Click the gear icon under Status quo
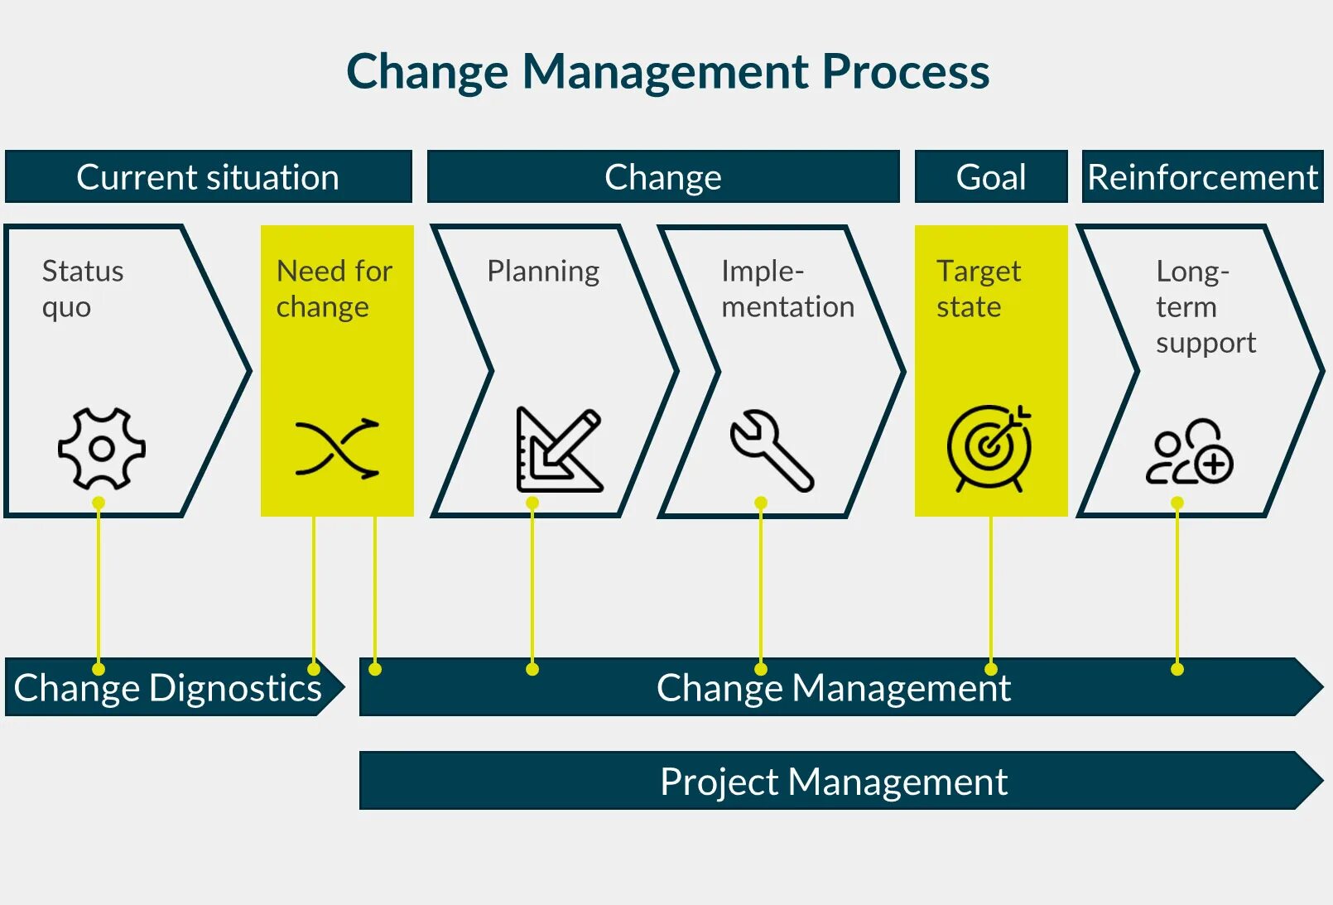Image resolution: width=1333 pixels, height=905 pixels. click(102, 448)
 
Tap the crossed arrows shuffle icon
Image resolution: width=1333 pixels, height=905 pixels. click(337, 448)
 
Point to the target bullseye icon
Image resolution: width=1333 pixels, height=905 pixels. click(990, 448)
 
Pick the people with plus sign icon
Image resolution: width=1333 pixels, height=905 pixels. click(1189, 451)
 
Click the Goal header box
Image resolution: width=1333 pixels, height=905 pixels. click(990, 176)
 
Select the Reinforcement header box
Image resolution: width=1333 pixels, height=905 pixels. click(1201, 176)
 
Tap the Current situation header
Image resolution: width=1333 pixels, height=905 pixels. click(208, 176)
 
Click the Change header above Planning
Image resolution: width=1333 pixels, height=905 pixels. click(662, 176)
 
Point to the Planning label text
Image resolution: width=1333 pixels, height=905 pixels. click(543, 271)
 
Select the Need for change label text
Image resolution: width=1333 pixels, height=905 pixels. click(334, 288)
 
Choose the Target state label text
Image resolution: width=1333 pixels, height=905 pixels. click(979, 288)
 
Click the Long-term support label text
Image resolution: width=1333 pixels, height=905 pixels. click(1205, 306)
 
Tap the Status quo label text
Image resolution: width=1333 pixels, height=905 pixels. click(83, 288)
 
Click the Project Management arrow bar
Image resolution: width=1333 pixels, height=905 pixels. click(834, 781)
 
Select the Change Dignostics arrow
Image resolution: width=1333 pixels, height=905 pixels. click(168, 687)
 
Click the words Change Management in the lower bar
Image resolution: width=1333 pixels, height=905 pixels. click(834, 687)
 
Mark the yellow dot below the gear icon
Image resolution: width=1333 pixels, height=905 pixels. click(99, 503)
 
